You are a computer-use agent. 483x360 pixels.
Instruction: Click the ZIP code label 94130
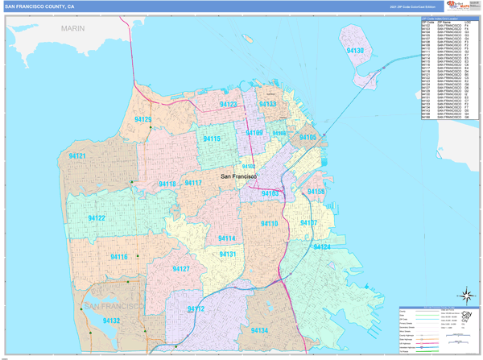click(x=356, y=51)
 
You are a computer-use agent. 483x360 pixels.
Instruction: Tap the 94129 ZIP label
click(x=144, y=119)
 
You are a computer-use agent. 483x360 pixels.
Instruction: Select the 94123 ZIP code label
click(x=229, y=105)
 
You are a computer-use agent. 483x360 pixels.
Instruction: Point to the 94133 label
click(x=268, y=105)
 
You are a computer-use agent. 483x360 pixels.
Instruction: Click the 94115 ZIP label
click(x=213, y=139)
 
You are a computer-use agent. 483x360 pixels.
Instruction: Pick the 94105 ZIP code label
click(x=308, y=138)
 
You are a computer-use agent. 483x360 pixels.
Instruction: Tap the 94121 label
click(x=77, y=155)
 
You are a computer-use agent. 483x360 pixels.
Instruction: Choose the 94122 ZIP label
click(x=96, y=218)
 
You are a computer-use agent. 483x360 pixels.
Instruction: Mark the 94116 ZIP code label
click(x=118, y=257)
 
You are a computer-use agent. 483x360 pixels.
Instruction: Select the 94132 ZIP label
click(x=111, y=321)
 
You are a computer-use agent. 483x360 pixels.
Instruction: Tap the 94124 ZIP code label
click(x=321, y=246)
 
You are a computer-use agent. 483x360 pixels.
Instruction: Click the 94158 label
click(x=316, y=192)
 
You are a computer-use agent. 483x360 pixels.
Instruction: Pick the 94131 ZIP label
click(x=228, y=254)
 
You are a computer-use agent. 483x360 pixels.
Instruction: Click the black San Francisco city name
click(x=239, y=176)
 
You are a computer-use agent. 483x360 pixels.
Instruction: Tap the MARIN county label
click(x=72, y=28)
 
